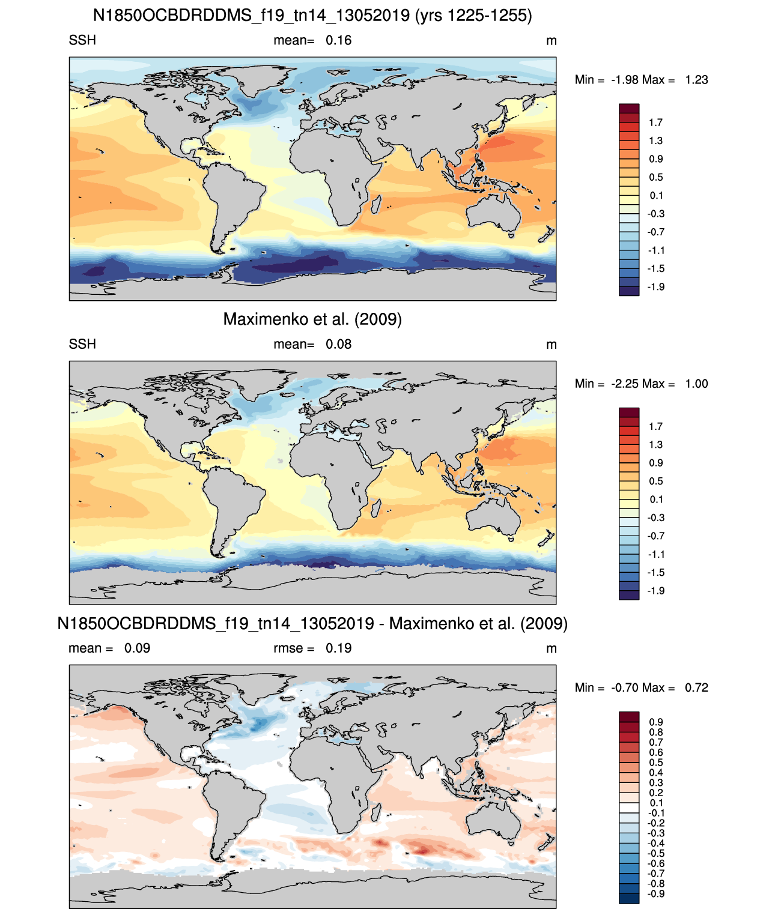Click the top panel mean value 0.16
click(338, 40)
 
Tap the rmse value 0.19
click(338, 648)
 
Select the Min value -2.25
click(625, 384)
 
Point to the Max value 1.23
click(696, 79)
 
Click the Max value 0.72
click(696, 687)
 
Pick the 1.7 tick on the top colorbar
click(655, 122)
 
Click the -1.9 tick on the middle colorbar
click(655, 590)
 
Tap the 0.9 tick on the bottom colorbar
click(655, 722)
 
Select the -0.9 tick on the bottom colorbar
click(655, 894)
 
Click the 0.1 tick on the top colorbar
click(656, 195)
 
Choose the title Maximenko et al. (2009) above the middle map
click(312, 319)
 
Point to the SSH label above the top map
click(82, 40)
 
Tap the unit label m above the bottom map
click(552, 648)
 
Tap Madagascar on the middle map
click(375, 508)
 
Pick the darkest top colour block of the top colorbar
click(628, 109)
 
